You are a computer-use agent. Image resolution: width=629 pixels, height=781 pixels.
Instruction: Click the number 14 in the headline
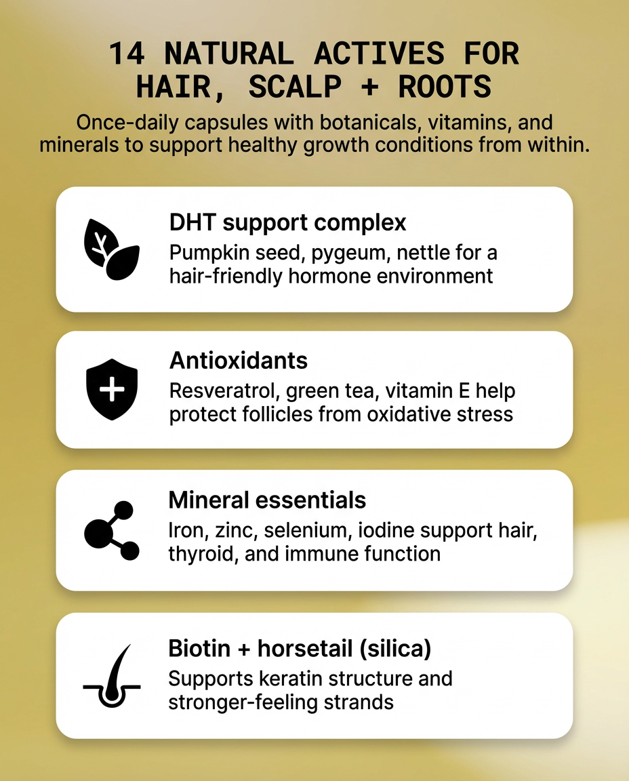coord(127,54)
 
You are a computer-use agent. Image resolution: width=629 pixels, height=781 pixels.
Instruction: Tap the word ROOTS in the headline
coord(445,87)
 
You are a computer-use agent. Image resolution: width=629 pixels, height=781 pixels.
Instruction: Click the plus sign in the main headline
coord(369,87)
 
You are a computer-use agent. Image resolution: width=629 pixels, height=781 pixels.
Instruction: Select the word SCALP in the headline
coord(295,87)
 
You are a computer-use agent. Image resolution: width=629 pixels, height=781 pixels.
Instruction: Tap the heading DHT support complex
coord(287,222)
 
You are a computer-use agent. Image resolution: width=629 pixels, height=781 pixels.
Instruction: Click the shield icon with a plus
coord(112,389)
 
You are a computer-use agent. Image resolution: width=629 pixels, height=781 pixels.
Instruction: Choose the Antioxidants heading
coord(239,360)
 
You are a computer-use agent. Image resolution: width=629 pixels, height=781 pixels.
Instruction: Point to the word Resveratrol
coord(224,391)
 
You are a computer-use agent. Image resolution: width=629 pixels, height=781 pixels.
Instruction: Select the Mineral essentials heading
coord(267,500)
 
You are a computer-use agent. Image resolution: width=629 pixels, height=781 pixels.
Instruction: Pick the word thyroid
coord(200,554)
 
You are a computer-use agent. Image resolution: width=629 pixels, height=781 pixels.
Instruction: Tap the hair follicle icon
coord(112,676)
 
